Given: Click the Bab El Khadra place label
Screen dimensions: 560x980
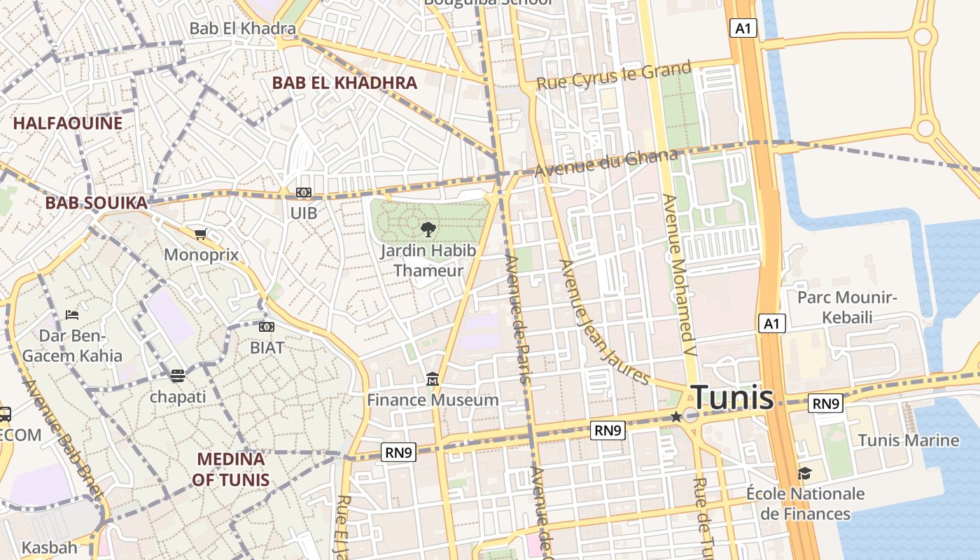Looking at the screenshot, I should tap(243, 29).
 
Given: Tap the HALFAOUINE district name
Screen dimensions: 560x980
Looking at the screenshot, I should tap(68, 123).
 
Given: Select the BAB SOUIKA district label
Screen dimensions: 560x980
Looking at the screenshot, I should tap(97, 203).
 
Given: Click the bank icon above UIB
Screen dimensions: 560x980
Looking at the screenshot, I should tap(304, 192).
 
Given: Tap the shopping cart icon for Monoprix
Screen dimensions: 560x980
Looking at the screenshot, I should tap(201, 234).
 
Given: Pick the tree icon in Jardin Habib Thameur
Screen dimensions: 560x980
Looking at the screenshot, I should tap(428, 229).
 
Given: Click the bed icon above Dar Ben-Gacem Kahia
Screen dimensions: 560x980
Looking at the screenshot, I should tap(72, 315).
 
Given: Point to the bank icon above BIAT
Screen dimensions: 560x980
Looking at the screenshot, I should tap(267, 327).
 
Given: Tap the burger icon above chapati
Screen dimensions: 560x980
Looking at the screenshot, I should tap(178, 376).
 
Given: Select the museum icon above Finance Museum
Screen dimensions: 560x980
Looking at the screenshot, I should tap(433, 379).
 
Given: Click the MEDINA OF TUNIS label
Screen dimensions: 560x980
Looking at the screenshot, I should tap(232, 469).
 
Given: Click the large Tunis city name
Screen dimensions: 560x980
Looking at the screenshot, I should tap(732, 398).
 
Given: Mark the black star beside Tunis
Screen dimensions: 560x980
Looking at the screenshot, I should tap(676, 416).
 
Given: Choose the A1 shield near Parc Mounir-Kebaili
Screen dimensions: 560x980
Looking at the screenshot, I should tap(771, 323).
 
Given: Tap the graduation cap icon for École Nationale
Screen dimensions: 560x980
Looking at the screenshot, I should tap(804, 474).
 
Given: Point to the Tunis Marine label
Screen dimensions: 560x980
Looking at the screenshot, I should tap(909, 440).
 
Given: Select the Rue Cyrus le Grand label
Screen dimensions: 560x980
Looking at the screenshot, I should tap(614, 76).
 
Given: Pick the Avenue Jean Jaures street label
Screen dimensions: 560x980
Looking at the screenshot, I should tap(605, 322).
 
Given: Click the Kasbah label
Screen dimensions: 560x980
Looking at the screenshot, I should tap(50, 547).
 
